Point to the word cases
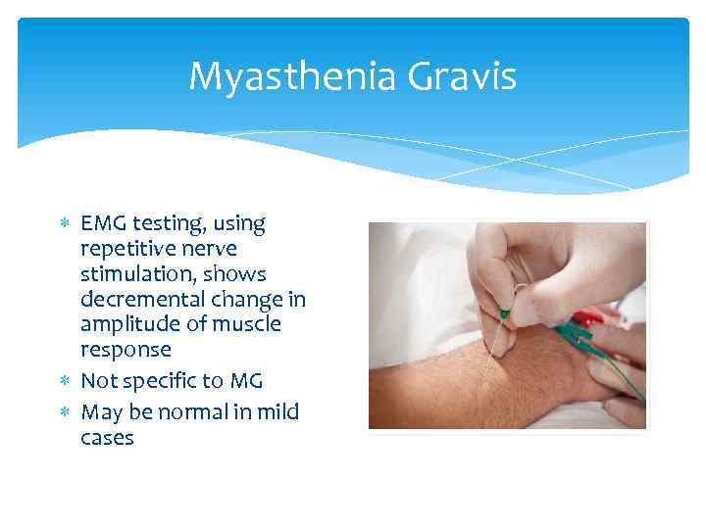(x=107, y=437)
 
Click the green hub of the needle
(x=504, y=314)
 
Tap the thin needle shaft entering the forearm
(x=495, y=353)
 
